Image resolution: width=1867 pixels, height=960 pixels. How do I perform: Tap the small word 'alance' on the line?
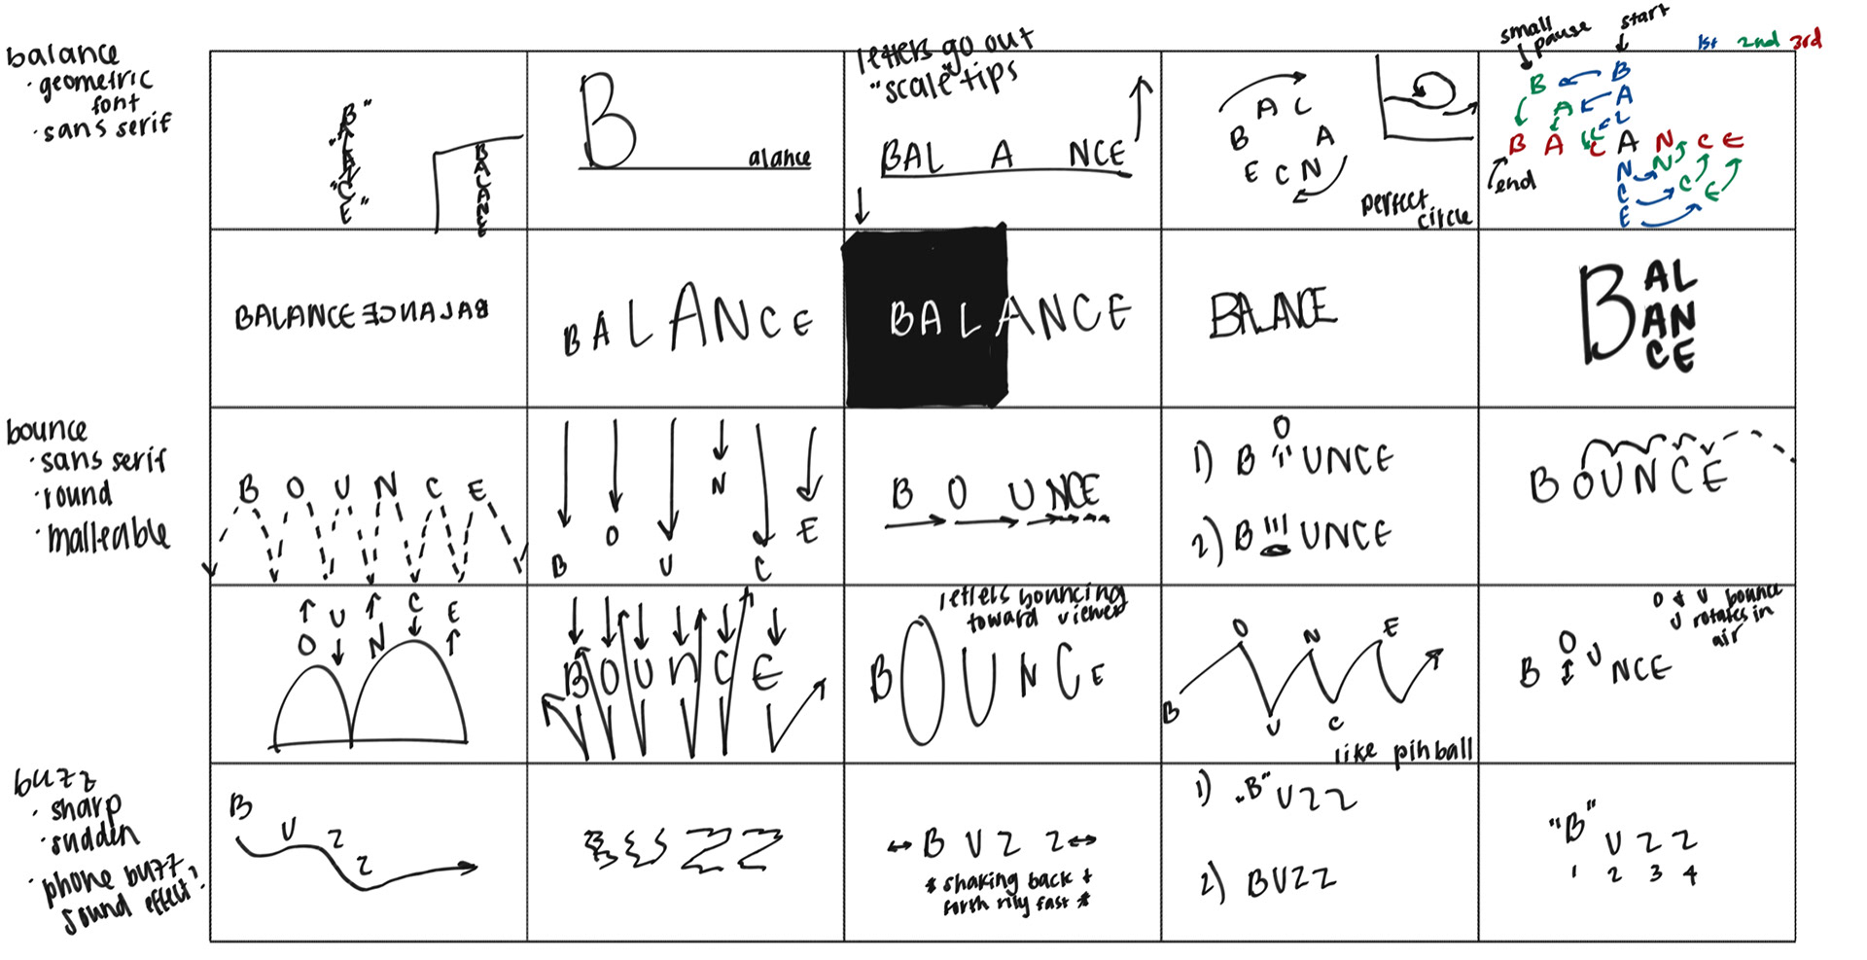(779, 158)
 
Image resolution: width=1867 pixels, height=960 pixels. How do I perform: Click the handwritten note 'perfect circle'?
(1416, 208)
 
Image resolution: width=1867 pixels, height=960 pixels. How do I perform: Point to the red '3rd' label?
(1806, 40)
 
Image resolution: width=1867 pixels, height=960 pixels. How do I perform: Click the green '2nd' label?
(1758, 41)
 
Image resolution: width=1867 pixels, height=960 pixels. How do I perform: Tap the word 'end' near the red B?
(1515, 181)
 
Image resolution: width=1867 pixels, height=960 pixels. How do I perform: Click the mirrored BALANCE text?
(425, 314)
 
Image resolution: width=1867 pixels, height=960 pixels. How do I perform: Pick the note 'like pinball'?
(1403, 751)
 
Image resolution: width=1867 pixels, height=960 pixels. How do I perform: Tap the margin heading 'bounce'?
(46, 429)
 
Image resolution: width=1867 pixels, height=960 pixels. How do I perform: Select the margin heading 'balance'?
(61, 54)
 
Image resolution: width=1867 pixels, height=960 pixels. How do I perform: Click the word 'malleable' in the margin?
(108, 535)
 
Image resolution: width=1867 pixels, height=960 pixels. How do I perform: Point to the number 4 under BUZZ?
(1691, 875)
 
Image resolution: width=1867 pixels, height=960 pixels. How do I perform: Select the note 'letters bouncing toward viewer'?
(1032, 607)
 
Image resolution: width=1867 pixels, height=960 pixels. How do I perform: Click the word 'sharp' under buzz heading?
(87, 807)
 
